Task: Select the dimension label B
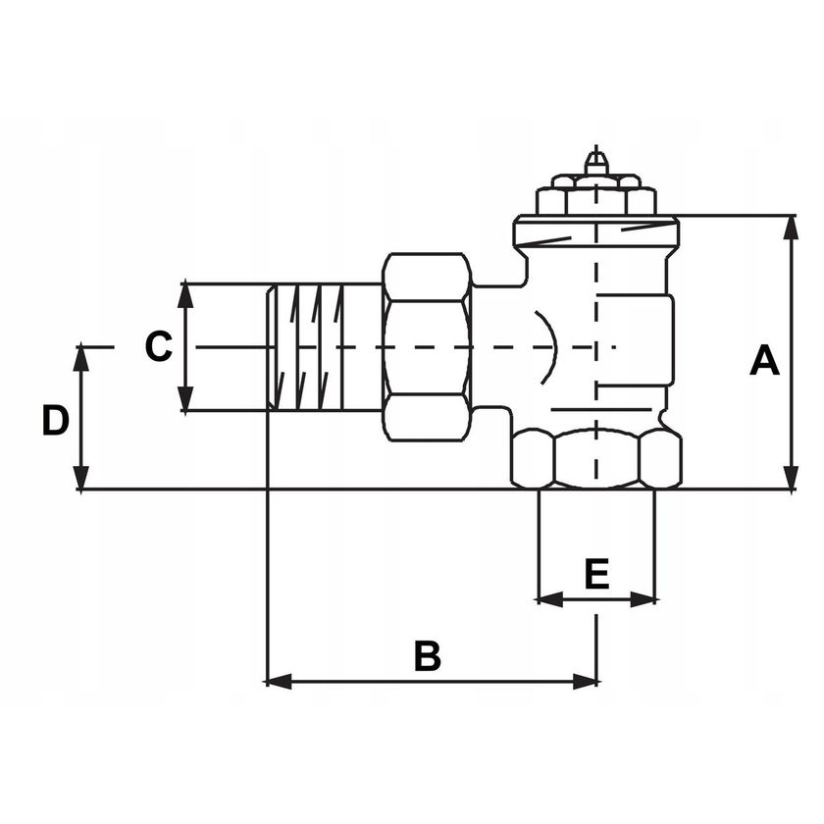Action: tap(427, 656)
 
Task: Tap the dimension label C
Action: tap(159, 347)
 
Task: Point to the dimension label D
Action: tap(55, 421)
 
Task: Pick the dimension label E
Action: tap(596, 574)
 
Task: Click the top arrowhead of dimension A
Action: tap(792, 226)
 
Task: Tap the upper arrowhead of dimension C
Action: tap(185, 293)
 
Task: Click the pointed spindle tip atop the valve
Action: tap(595, 160)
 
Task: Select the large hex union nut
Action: tap(427, 347)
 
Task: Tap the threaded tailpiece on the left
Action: tap(309, 347)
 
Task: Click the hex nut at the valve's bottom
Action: tap(595, 458)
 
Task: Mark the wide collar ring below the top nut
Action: tap(595, 232)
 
